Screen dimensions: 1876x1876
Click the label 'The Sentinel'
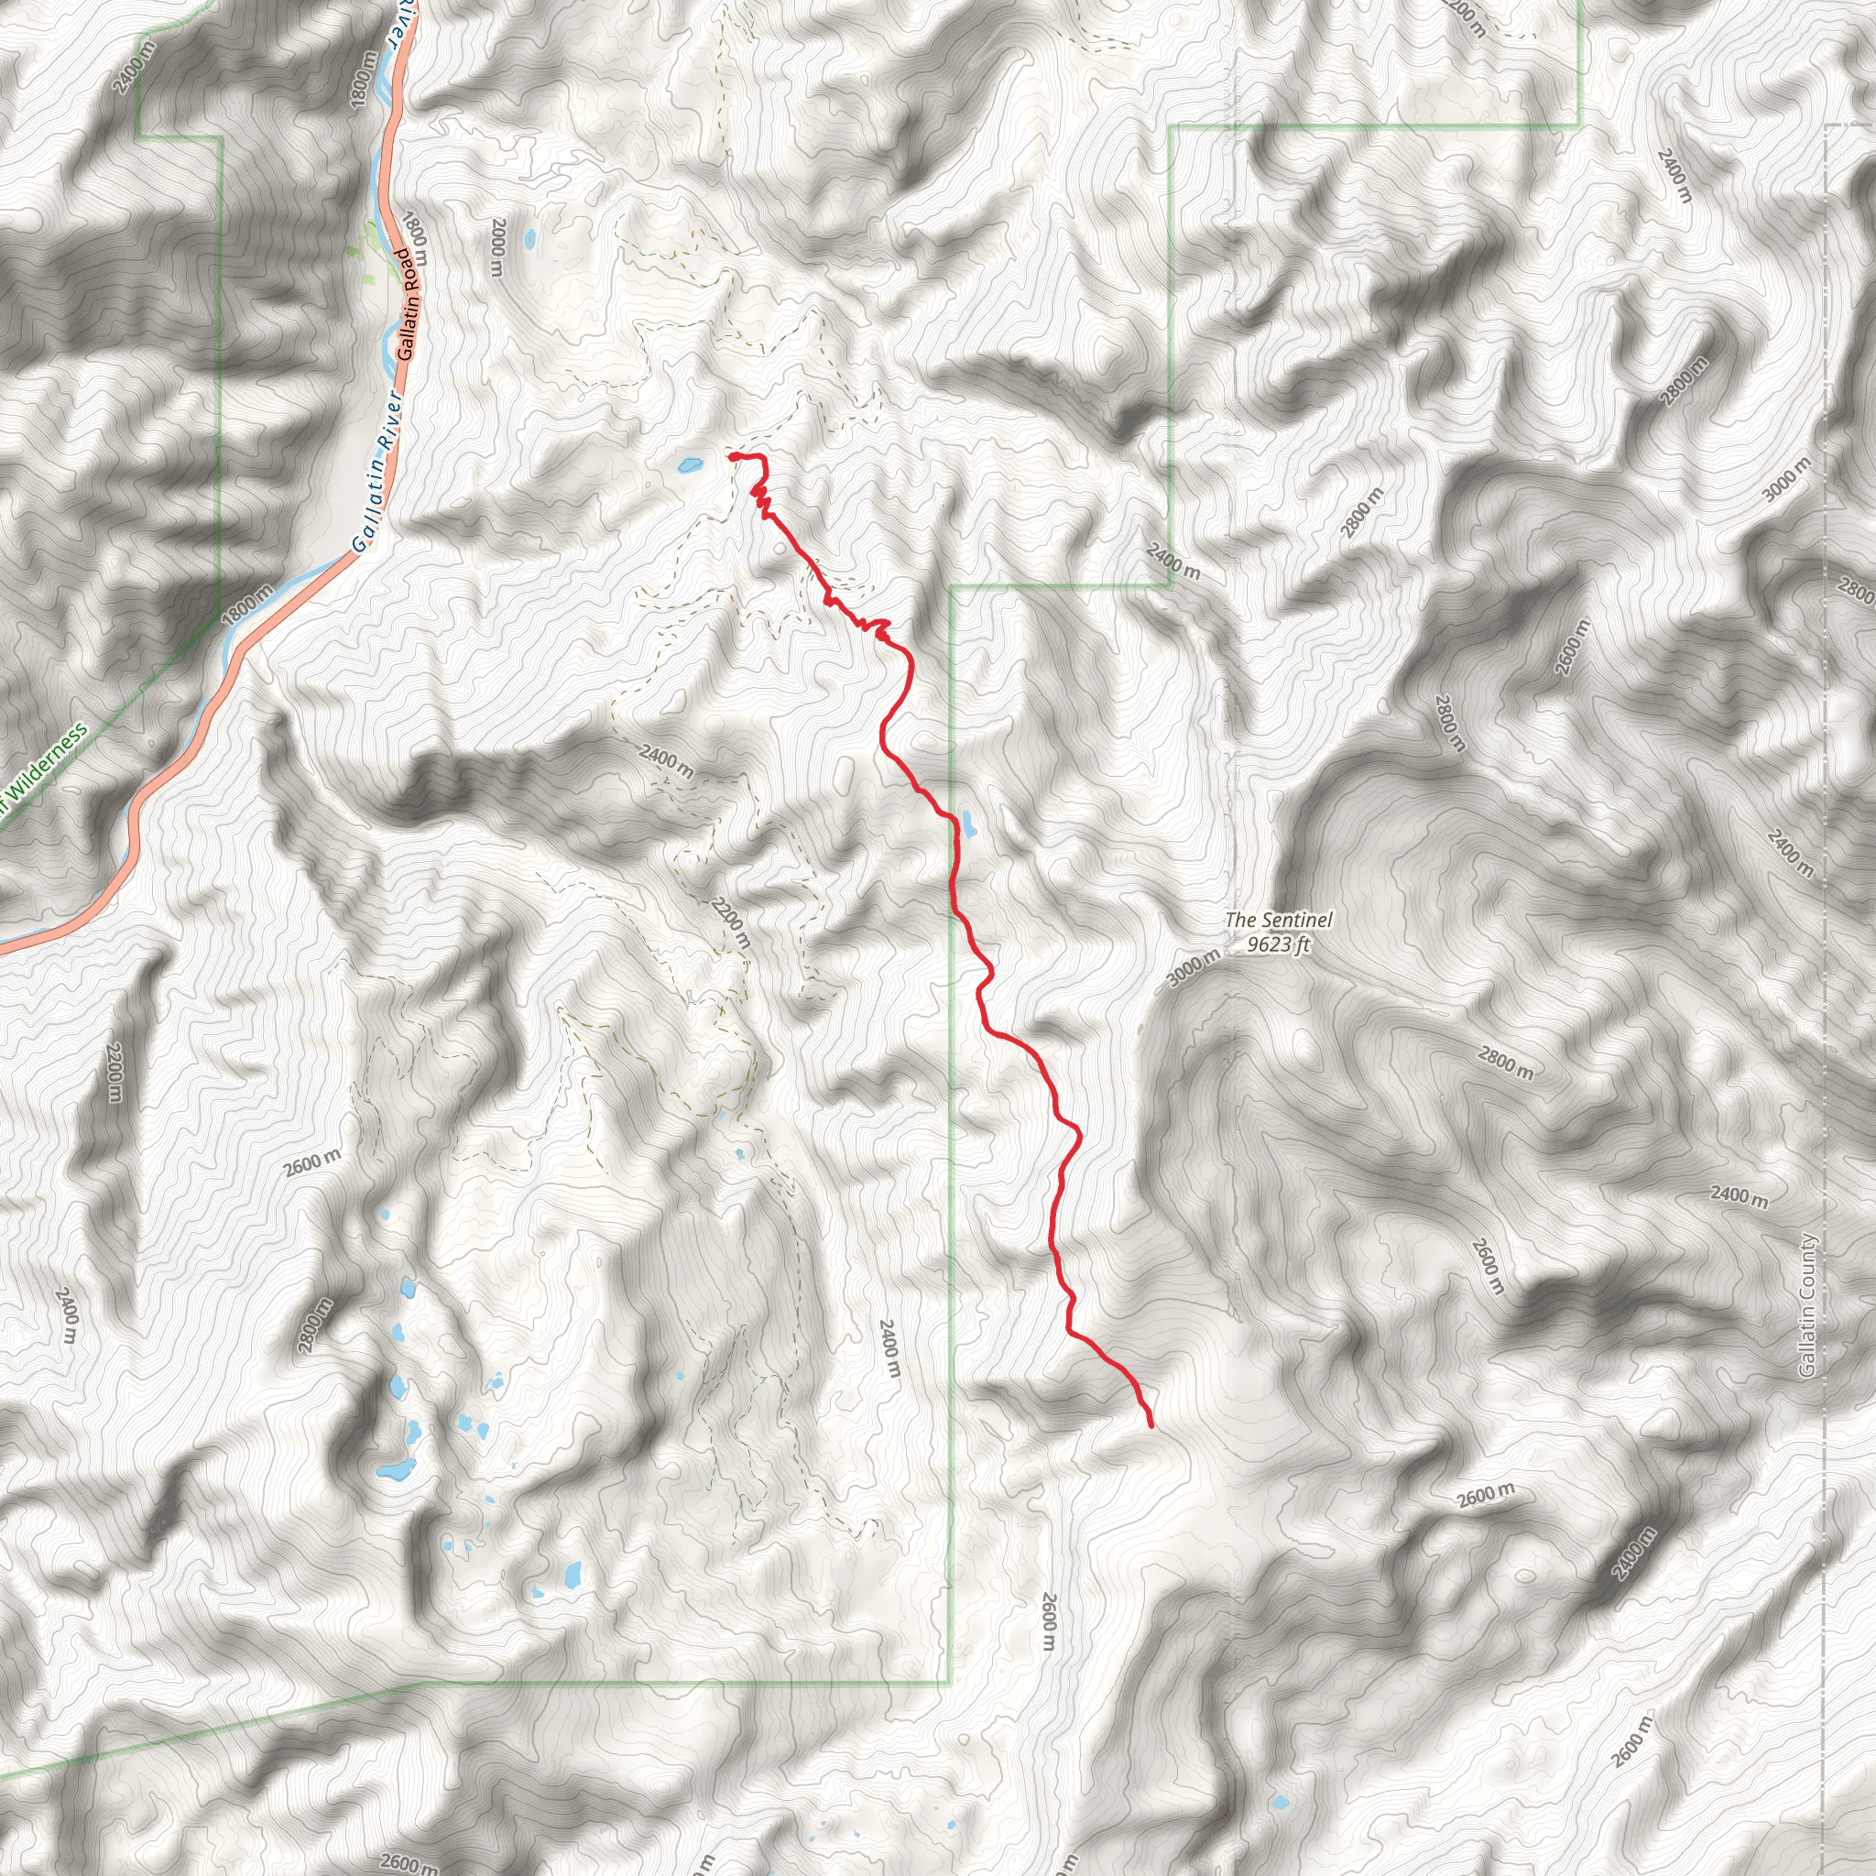[1278, 919]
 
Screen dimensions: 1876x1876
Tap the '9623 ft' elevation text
[1278, 943]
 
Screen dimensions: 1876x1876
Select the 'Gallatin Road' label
[407, 305]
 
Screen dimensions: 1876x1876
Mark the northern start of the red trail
[729, 454]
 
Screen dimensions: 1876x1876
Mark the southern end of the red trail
[1151, 1425]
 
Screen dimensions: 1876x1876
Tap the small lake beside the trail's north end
[691, 465]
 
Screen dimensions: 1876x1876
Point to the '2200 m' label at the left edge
[115, 1072]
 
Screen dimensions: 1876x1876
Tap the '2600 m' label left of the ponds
[312, 1162]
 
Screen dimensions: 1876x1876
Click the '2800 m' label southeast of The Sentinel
[1505, 1063]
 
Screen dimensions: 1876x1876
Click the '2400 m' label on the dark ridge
[666, 761]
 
